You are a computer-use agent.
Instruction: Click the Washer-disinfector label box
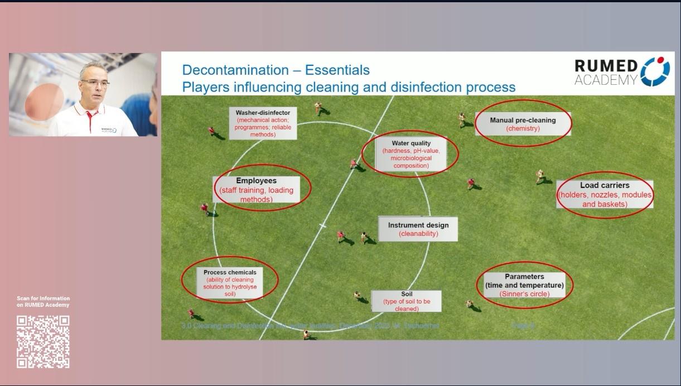coord(263,123)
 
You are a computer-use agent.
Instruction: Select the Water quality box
coord(411,155)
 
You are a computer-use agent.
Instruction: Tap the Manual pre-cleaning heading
coord(523,120)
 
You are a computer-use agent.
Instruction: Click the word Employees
coord(256,181)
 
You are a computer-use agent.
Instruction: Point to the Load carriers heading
coord(604,185)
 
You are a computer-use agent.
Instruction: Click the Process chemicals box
coord(230,283)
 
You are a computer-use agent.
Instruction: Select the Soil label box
coord(407,301)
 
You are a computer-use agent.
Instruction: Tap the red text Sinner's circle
coord(524,294)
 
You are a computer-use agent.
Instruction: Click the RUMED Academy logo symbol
coord(655,71)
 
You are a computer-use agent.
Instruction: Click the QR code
coord(43,341)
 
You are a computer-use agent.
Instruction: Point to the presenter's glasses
coord(94,83)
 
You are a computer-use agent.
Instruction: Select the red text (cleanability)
coord(418,234)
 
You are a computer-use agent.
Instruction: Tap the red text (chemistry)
coord(523,129)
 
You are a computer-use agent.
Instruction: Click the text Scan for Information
coord(43,298)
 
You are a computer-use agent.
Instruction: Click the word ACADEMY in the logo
coord(606,80)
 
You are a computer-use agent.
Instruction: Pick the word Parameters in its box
coord(524,277)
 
